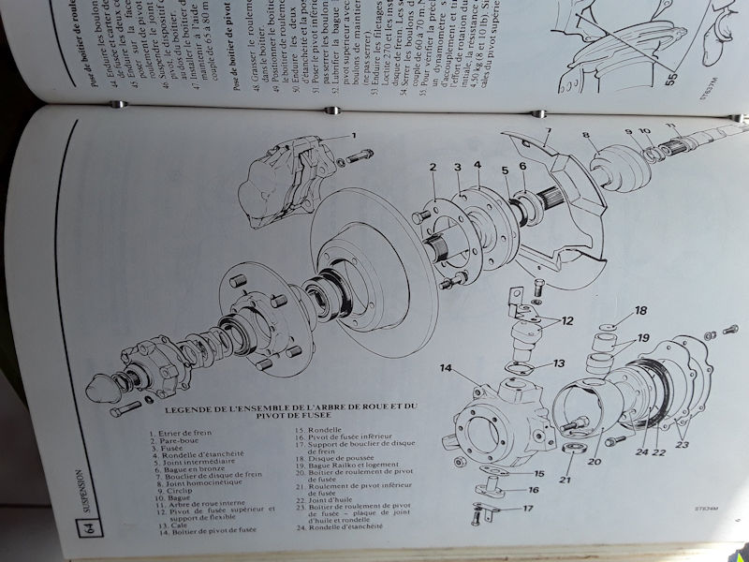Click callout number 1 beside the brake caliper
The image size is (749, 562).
tap(355, 136)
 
